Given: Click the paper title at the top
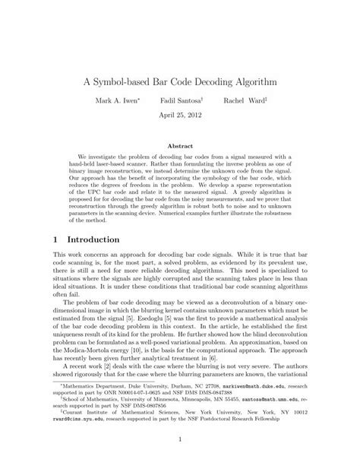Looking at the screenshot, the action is pyautogui.click(x=180, y=78).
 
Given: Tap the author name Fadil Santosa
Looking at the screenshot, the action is pyautogui.click(x=179, y=100).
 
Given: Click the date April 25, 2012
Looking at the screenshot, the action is pyautogui.click(x=179, y=116).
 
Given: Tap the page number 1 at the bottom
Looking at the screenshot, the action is pyautogui.click(x=179, y=439).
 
